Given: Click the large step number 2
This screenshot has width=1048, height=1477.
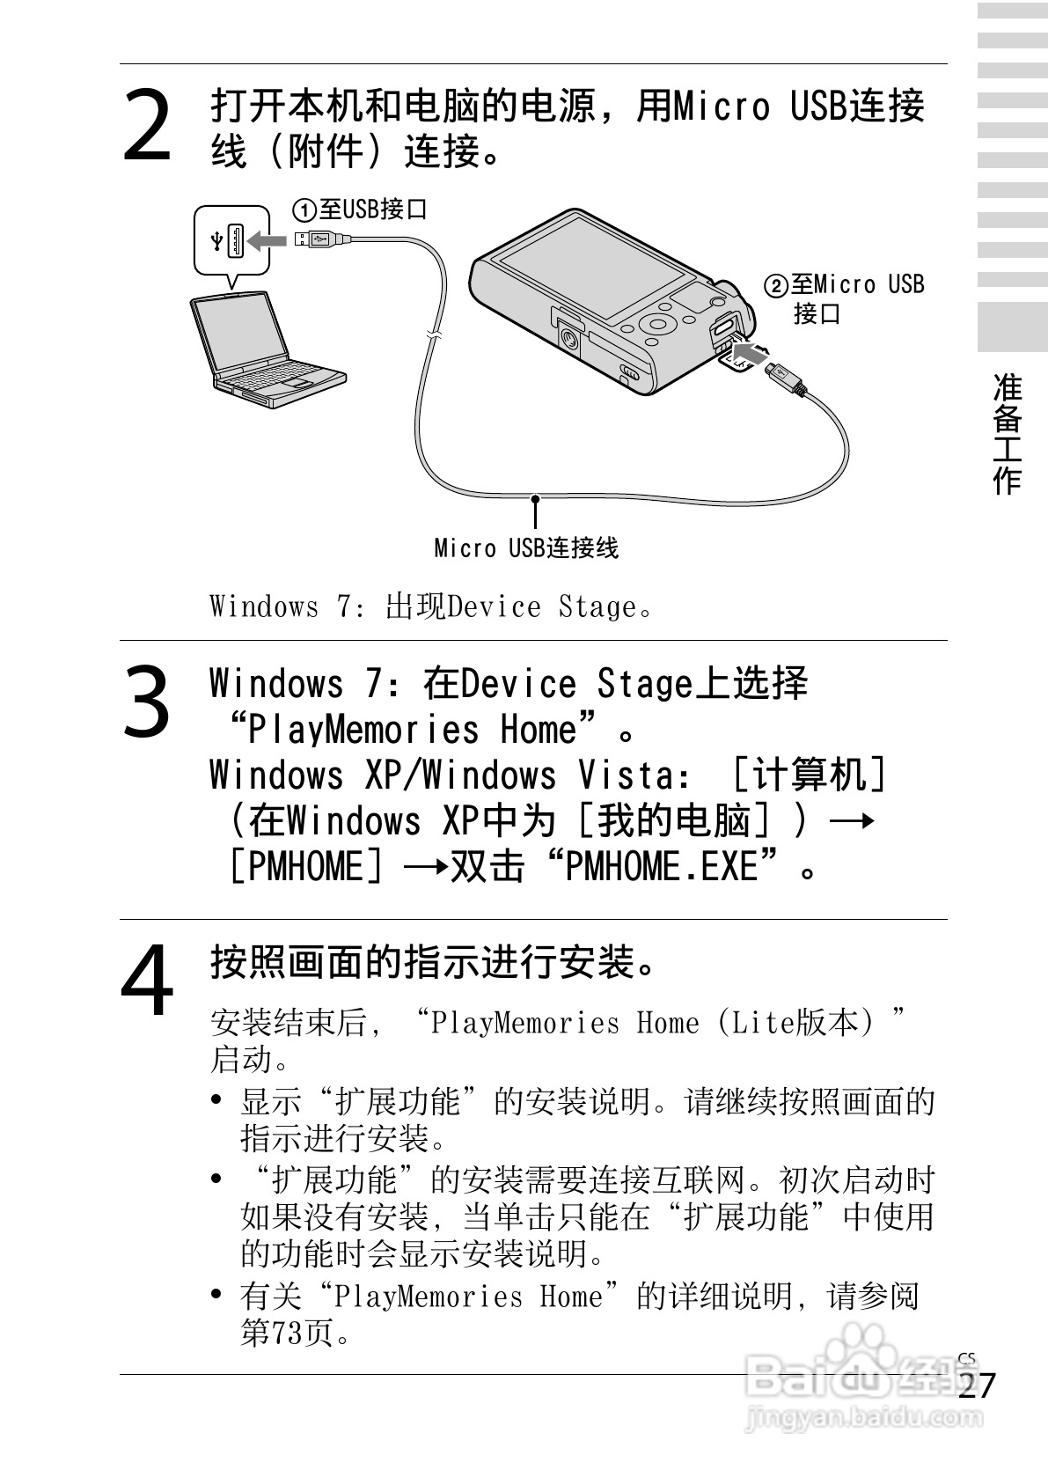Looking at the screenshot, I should click(x=147, y=128).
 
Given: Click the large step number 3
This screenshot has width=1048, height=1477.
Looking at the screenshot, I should click(x=147, y=702).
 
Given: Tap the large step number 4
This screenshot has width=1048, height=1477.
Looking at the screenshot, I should click(x=147, y=979).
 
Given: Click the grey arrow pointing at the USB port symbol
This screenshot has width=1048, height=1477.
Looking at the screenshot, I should click(x=267, y=240).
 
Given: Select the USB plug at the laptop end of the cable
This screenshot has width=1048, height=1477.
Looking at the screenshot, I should click(x=317, y=238).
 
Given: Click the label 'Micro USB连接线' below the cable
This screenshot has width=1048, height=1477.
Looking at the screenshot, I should click(x=526, y=548).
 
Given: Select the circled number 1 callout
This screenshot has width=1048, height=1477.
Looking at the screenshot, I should click(x=304, y=210).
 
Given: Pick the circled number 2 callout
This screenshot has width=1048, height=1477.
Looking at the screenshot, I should click(x=776, y=286).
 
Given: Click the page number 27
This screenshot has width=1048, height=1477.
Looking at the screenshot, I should click(x=977, y=1386).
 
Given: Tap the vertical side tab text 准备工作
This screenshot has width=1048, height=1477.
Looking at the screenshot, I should click(x=1008, y=432).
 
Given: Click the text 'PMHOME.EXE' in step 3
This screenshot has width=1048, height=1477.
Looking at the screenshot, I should click(x=661, y=867).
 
